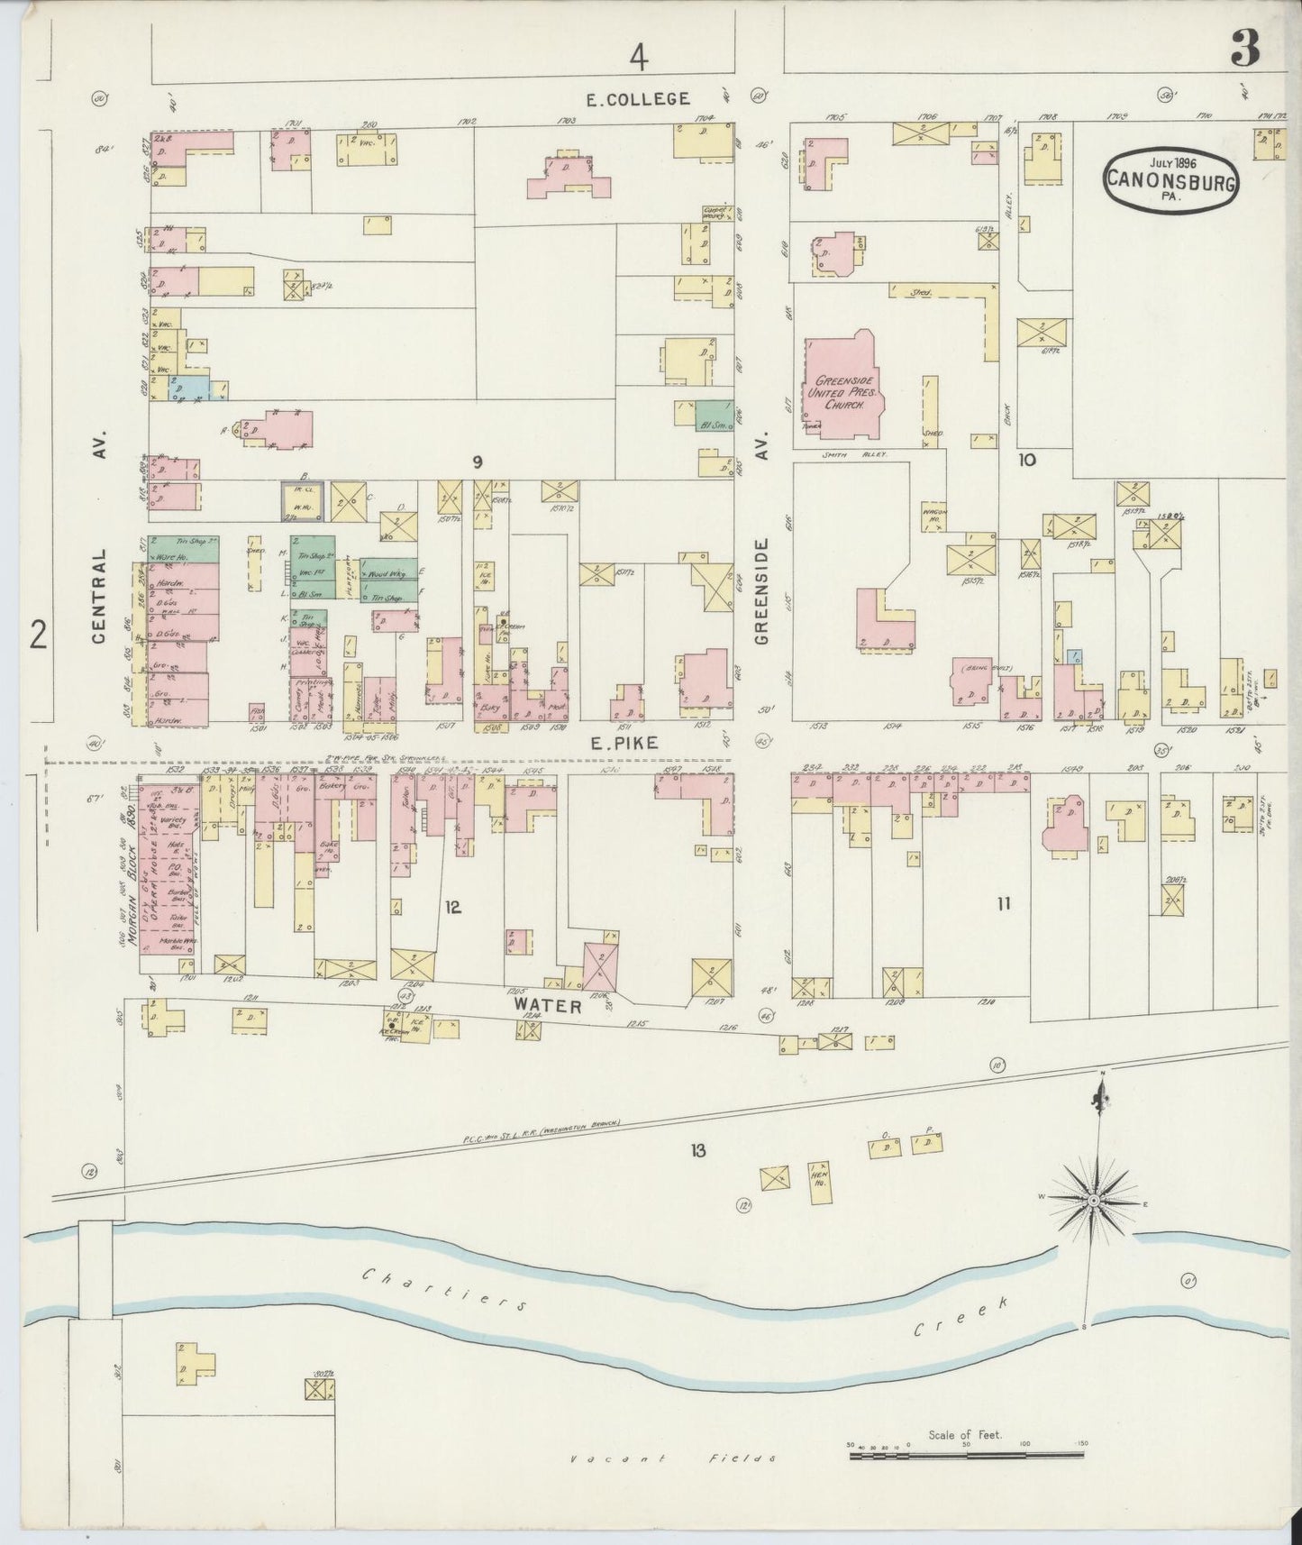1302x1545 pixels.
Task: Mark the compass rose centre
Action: click(x=1093, y=1202)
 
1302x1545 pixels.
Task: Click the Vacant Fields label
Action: click(x=673, y=1458)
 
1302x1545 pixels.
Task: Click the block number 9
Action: click(x=478, y=462)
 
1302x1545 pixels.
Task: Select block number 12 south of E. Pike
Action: click(x=452, y=908)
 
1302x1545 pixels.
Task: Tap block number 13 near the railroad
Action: click(x=697, y=1150)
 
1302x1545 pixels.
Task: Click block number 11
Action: click(x=1004, y=904)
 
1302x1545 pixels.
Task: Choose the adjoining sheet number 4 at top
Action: click(x=639, y=58)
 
